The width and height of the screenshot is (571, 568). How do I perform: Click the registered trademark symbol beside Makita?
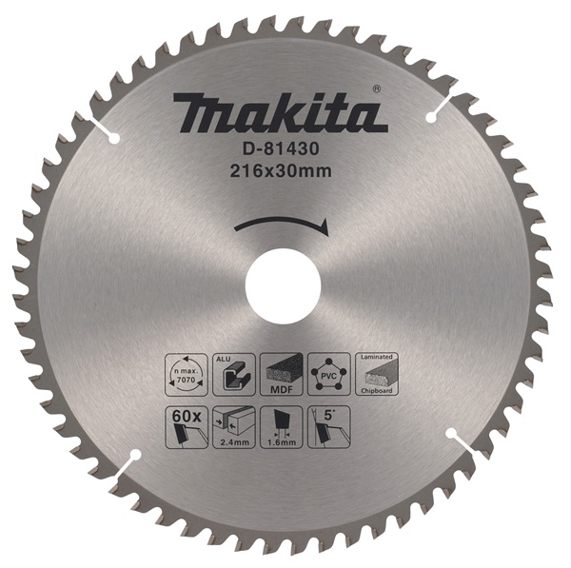(x=378, y=90)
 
